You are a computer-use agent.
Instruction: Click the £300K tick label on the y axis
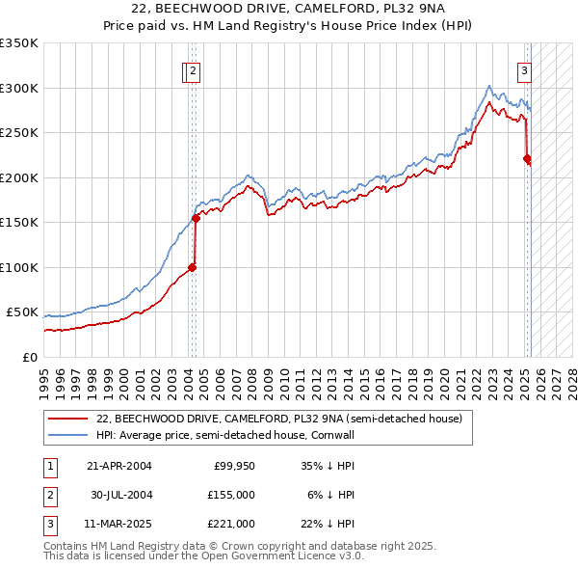click(19, 88)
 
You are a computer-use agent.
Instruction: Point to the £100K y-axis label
click(19, 267)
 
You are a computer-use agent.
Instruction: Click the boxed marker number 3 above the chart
click(525, 69)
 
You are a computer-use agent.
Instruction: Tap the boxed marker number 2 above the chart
click(194, 69)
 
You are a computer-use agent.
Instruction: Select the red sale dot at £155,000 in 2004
click(196, 218)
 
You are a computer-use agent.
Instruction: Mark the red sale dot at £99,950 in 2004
click(192, 267)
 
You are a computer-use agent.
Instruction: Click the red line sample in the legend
click(68, 419)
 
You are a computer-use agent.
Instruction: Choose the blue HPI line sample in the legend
click(68, 435)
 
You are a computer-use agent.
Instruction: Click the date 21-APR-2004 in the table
click(119, 466)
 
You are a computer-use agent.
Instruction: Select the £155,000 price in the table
click(231, 495)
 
